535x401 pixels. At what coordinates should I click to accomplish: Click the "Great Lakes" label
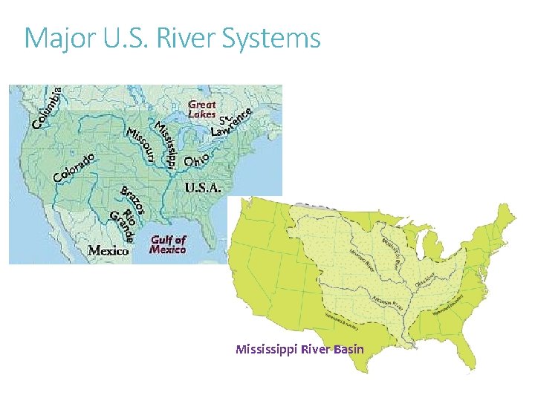pyautogui.click(x=201, y=110)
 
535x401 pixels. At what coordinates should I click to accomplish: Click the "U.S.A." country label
pyautogui.click(x=202, y=188)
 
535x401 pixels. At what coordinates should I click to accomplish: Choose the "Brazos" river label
pyautogui.click(x=132, y=198)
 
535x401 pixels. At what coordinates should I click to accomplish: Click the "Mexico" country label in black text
pyautogui.click(x=108, y=250)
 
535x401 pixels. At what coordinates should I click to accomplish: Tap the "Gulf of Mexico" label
pyautogui.click(x=168, y=244)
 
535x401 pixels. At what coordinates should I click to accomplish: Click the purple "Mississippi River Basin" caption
pyautogui.click(x=299, y=348)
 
